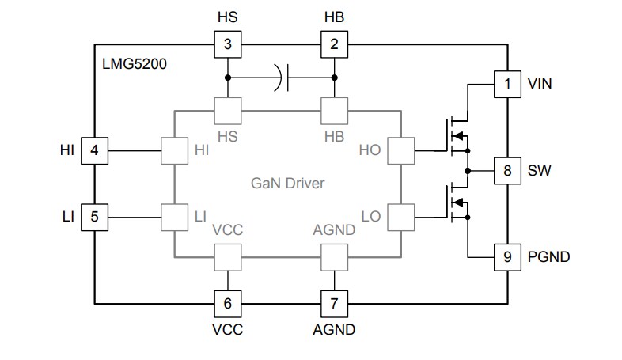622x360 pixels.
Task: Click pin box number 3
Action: (228, 44)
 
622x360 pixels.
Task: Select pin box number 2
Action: (333, 44)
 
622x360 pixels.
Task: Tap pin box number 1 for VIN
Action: (507, 83)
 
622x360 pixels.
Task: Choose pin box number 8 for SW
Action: (507, 170)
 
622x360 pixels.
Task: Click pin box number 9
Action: (507, 257)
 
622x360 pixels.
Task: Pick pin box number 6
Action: (228, 303)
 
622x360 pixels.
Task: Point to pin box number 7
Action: (333, 303)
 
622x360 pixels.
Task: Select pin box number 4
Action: (94, 149)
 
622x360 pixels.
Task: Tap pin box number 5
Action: (94, 215)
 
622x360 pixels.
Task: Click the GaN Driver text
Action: (288, 184)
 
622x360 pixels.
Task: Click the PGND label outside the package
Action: (548, 257)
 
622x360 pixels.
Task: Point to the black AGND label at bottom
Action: (334, 329)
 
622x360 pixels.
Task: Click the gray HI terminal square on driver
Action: (173, 149)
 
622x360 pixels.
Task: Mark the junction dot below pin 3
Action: (228, 78)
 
